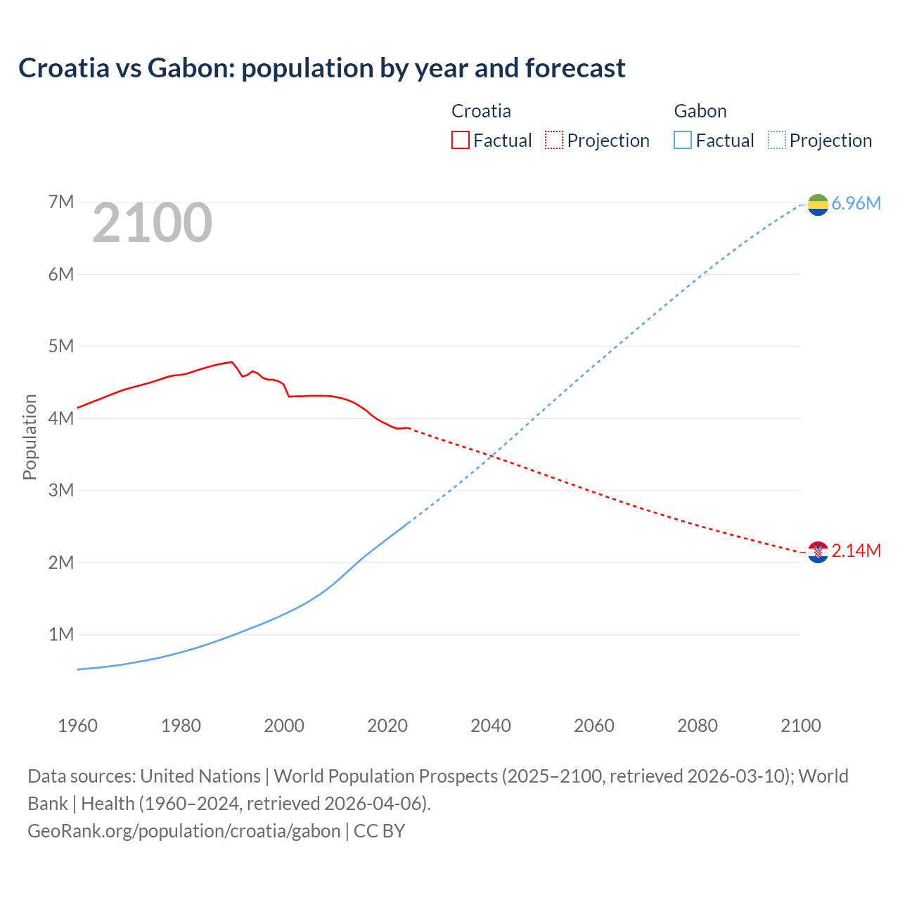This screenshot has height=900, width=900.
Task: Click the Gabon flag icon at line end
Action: [818, 205]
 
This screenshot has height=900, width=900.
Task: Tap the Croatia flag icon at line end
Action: [818, 552]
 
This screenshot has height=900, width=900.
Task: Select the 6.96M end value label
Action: [856, 204]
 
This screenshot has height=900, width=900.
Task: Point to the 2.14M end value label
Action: [856, 551]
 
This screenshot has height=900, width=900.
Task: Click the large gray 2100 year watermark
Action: [152, 223]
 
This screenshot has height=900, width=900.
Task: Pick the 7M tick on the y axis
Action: [61, 202]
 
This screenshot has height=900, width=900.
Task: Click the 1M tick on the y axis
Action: [61, 635]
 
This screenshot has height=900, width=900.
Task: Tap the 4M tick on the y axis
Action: [61, 418]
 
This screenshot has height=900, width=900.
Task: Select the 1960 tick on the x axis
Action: [77, 726]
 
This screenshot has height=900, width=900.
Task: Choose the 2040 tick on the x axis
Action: [491, 726]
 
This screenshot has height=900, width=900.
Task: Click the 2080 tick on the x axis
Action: [697, 726]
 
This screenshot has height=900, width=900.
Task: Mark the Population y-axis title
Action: [30, 437]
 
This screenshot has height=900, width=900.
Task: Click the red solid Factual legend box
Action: [460, 140]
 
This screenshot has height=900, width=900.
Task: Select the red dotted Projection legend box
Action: [554, 140]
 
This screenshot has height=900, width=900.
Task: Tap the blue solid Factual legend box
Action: [683, 140]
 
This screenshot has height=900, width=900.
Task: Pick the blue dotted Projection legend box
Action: [776, 140]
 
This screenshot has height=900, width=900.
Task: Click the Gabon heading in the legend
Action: [700, 111]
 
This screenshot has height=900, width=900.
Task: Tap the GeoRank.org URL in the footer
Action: [184, 831]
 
